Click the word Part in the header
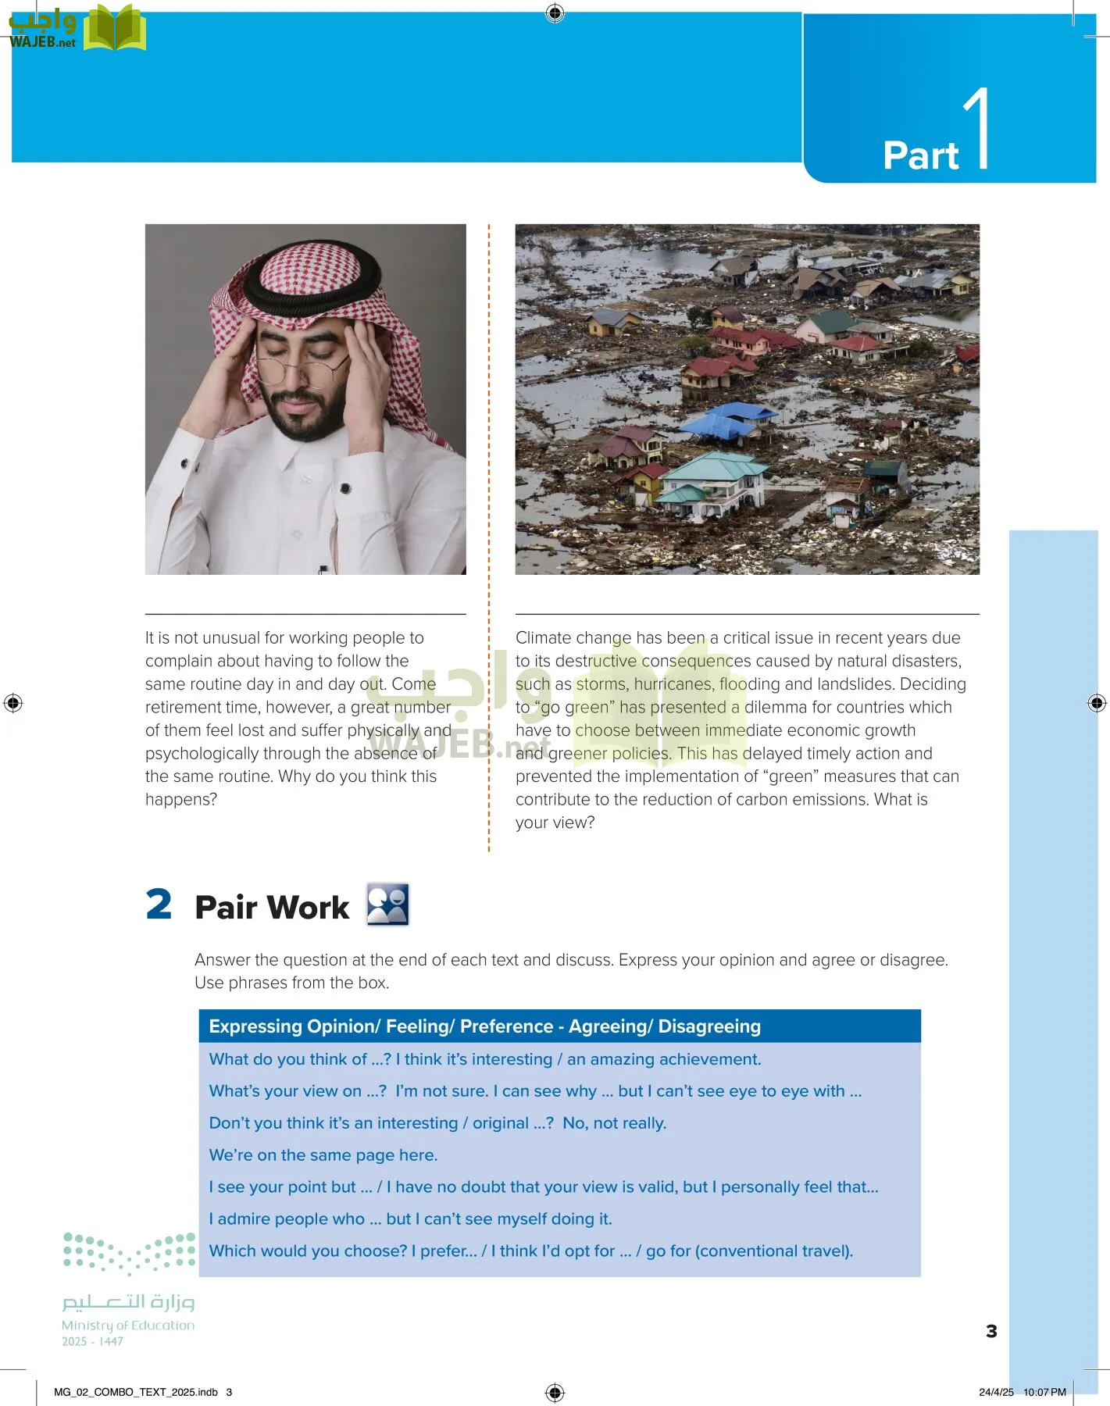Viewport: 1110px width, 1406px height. [x=920, y=156]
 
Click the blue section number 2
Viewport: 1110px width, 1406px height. [x=159, y=905]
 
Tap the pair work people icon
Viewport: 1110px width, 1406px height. [x=387, y=905]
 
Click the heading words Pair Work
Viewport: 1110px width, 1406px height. [x=272, y=908]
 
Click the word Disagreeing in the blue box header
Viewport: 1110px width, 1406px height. [x=708, y=1026]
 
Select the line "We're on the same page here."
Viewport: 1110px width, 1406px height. [x=323, y=1154]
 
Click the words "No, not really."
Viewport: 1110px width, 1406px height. [x=614, y=1123]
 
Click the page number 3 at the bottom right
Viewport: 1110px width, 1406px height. [x=991, y=1331]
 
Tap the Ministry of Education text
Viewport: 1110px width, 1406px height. [x=128, y=1326]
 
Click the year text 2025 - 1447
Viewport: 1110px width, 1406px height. [x=92, y=1341]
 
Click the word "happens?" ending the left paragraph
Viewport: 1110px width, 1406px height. [x=181, y=799]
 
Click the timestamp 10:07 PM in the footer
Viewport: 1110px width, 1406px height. [x=1044, y=1392]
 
